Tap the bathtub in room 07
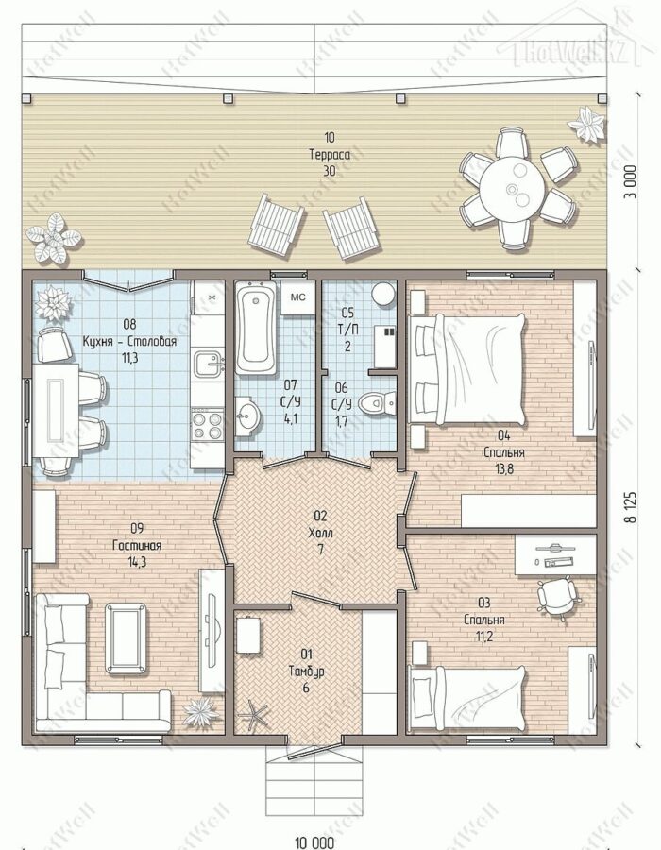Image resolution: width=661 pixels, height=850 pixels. [256, 329]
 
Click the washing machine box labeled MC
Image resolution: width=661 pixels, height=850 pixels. [297, 297]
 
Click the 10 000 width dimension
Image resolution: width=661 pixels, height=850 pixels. [314, 842]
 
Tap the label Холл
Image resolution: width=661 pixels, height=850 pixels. [320, 533]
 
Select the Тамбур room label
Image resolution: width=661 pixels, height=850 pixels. [306, 671]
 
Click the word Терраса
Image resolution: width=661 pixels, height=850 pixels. [330, 155]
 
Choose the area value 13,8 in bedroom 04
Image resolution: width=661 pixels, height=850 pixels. [503, 468]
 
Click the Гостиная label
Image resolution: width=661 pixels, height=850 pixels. [137, 545]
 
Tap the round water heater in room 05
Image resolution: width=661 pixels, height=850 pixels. [383, 295]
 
